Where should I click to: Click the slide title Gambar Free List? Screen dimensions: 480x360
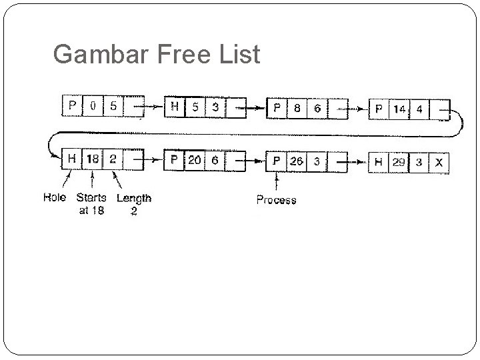(x=156, y=54)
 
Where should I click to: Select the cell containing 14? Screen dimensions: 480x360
(x=399, y=109)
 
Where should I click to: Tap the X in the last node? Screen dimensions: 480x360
(x=438, y=162)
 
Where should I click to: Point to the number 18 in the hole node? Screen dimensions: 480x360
(x=92, y=159)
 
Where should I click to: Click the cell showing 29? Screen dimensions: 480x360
(x=398, y=162)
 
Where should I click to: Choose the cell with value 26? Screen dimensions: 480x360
(x=295, y=161)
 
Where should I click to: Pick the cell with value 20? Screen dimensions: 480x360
(x=194, y=160)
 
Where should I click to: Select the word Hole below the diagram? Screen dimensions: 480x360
(x=55, y=197)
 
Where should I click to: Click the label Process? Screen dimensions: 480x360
(x=276, y=199)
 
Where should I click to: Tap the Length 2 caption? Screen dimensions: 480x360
(x=133, y=204)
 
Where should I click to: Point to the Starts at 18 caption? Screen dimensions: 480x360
(x=91, y=204)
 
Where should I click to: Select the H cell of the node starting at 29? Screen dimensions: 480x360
(x=378, y=162)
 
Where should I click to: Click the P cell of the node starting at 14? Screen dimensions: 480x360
(x=379, y=109)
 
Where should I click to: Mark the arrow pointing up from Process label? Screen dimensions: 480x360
(x=276, y=181)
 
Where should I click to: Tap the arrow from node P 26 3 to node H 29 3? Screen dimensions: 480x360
(x=357, y=161)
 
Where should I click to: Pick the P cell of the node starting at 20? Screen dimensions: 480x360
(x=174, y=160)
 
